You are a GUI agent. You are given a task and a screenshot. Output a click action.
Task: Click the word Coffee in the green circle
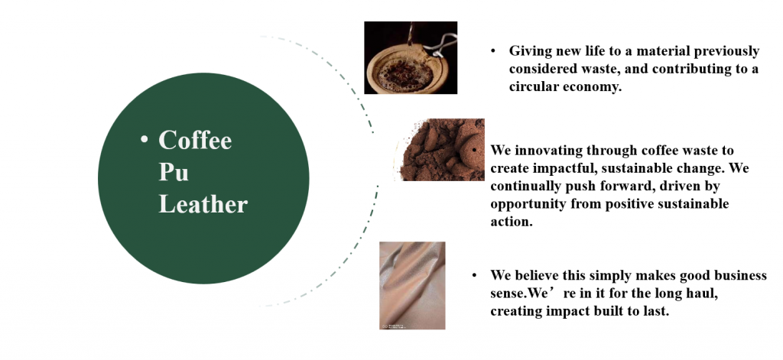pos(195,140)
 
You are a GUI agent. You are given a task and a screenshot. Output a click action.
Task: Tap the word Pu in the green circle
pos(174,172)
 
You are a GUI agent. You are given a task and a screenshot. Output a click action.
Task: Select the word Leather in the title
pos(203,204)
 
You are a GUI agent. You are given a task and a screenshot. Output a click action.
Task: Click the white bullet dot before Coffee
pos(145,139)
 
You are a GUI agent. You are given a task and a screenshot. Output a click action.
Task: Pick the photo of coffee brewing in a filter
pos(411,57)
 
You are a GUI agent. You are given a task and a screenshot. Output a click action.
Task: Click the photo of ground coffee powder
pos(441,149)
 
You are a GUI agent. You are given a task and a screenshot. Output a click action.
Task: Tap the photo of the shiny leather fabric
pos(412,286)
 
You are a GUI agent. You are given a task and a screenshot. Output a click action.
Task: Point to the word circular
pos(534,86)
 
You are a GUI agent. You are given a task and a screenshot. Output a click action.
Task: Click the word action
pos(512,222)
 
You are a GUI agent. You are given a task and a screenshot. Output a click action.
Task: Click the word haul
pos(704,293)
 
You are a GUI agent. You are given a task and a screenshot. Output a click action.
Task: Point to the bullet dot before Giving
pos(493,51)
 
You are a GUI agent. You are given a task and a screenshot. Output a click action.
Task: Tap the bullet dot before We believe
pos(474,275)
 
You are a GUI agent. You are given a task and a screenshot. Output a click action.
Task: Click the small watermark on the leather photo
pos(394,326)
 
